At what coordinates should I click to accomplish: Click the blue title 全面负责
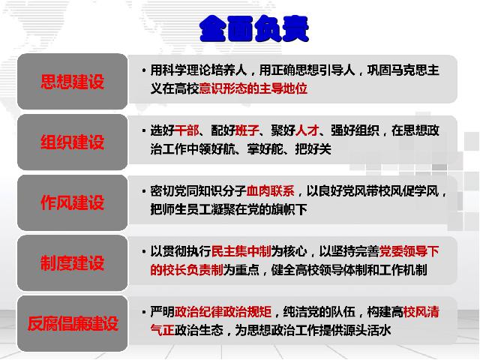pos(253,28)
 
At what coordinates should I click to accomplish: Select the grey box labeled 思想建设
pos(72,82)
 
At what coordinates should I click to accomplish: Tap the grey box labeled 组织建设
pos(72,142)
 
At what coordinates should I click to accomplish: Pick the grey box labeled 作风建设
pos(72,202)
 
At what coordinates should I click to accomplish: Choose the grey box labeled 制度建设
pos(72,263)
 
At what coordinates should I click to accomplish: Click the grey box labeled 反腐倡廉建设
pos(72,323)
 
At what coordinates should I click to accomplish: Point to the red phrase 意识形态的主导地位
pos(253,88)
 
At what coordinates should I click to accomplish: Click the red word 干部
pos(187,130)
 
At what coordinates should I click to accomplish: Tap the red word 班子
pos(247,130)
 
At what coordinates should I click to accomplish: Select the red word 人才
pos(307,130)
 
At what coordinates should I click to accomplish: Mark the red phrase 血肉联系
pos(271,191)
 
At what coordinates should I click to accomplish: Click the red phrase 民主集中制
pos(241,251)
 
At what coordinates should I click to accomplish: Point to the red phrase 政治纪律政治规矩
pos(223,312)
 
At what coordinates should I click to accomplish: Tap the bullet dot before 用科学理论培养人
pos(144,71)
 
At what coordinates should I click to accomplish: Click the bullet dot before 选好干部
pos(144,131)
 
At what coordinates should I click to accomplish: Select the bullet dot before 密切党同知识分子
pos(144,192)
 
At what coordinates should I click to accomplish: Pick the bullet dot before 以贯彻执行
pos(144,252)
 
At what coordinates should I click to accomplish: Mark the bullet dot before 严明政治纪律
pos(144,313)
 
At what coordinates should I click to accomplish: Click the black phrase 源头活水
pos(367,330)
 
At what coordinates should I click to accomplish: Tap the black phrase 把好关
pos(313,149)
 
